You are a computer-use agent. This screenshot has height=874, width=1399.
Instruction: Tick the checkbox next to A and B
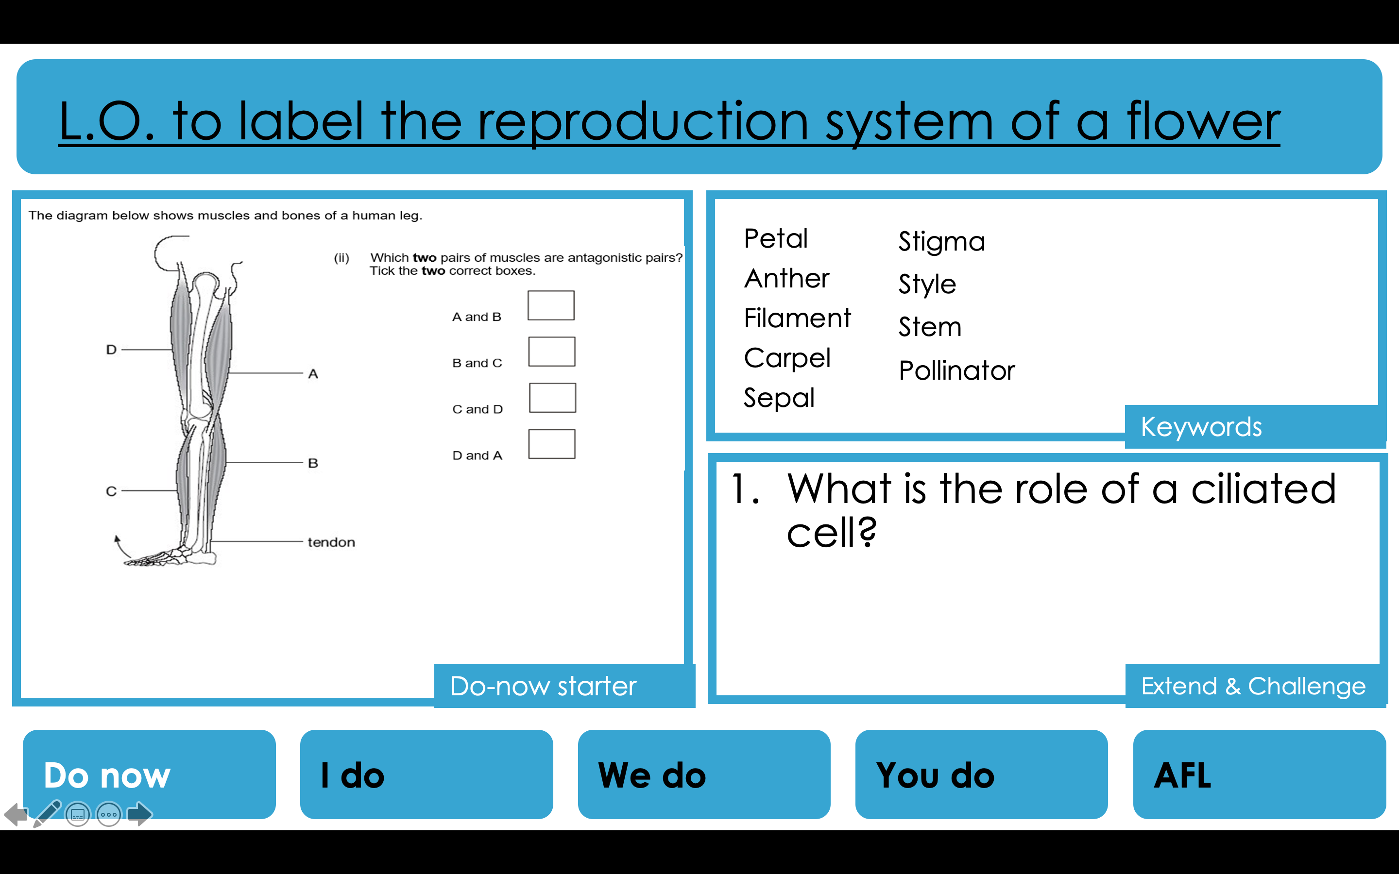tap(551, 305)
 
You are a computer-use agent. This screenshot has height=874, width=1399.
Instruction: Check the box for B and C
tap(551, 352)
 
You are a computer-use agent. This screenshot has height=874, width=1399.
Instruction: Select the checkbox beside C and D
tap(552, 398)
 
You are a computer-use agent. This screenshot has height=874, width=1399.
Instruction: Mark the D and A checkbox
tap(551, 444)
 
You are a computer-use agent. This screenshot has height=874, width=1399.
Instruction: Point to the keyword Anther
tap(786, 279)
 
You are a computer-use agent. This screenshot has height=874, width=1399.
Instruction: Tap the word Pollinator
tap(956, 370)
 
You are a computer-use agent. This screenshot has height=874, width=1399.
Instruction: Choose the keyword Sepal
tap(779, 398)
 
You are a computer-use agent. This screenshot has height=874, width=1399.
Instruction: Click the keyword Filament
tap(797, 318)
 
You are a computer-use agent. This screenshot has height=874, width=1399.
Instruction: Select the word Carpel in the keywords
tap(787, 358)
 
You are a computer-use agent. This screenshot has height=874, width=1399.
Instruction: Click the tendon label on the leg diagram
tap(331, 542)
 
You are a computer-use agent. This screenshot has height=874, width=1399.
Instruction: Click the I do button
tap(426, 774)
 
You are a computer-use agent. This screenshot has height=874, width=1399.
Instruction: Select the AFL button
tap(1259, 774)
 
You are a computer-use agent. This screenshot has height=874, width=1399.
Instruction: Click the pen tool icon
tap(48, 813)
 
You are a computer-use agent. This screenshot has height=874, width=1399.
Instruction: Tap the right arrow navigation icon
tap(139, 814)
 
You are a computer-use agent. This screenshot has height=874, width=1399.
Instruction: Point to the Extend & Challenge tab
tap(1253, 686)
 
